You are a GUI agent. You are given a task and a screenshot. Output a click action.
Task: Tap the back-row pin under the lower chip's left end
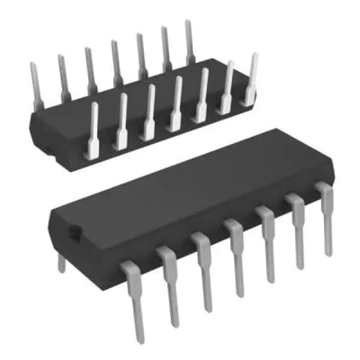[x=60, y=262]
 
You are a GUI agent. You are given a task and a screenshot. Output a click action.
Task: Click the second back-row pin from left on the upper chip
[x=63, y=76]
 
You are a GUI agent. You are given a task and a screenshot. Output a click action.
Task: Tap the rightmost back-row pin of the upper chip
[x=190, y=40]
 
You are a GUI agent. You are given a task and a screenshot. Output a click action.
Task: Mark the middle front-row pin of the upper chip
[x=175, y=105]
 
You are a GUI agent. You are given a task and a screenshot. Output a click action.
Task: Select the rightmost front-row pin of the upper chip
[x=251, y=81]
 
